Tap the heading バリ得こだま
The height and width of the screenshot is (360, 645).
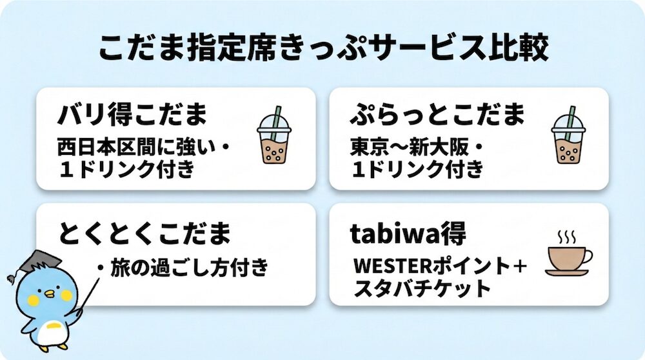coord(132,114)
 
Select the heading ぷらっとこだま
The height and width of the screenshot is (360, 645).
coord(438,114)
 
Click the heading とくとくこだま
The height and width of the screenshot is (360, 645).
coord(144,233)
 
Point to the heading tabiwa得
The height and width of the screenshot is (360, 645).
coord(408,233)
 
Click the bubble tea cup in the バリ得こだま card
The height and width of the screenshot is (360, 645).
coord(274,135)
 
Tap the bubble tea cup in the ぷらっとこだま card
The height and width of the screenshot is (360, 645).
coord(568,135)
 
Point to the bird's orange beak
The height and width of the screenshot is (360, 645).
coord(50,294)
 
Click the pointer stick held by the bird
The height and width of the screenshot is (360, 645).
coord(86,297)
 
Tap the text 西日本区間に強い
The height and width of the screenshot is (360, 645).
coord(137,148)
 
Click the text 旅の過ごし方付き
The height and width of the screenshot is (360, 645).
coord(190,268)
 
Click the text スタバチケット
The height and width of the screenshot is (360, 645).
coord(422,288)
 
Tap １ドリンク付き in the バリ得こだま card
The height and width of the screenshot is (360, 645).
coord(126,170)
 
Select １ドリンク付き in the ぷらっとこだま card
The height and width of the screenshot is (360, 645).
coord(418,170)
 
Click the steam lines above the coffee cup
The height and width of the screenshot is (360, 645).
coord(566,237)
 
